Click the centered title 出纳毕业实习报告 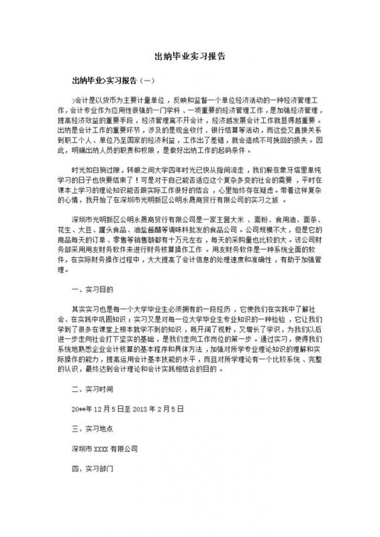click(x=190, y=57)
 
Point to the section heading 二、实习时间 click(x=92, y=389)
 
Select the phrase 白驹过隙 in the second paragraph click(x=115, y=153)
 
